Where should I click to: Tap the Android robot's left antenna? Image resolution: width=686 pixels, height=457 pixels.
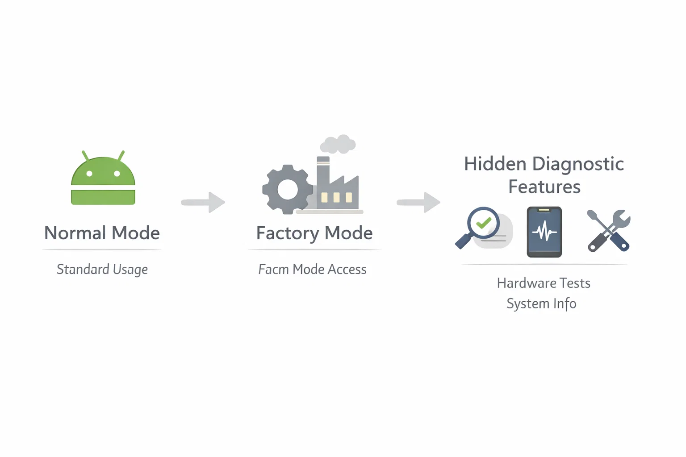pos(85,155)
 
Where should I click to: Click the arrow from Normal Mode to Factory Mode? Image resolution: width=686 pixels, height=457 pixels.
pos(203,202)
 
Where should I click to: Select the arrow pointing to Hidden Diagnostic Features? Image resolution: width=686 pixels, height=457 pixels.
pos(419,202)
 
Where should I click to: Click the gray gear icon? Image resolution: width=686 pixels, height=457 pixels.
pos(287,189)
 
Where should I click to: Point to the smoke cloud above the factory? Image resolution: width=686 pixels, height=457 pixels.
pos(338,144)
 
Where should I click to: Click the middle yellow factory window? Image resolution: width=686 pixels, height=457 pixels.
pos(336,197)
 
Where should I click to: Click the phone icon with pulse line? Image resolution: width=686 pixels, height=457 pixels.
pos(544,232)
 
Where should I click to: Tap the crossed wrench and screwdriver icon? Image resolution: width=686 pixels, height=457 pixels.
pos(609,231)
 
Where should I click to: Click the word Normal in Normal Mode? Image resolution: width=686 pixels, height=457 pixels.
pos(75,233)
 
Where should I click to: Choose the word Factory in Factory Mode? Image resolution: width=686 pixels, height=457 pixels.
pos(288,233)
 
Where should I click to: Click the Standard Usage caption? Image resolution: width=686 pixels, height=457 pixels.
pos(102,270)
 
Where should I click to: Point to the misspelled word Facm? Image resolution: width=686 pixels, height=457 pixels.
pos(273,270)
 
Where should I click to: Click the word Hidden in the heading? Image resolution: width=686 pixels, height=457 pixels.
pos(495,164)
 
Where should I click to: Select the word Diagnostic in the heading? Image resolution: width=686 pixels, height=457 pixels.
pos(578,164)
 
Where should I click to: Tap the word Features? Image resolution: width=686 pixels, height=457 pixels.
pos(544,187)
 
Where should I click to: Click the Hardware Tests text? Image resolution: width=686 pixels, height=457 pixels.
pos(544,283)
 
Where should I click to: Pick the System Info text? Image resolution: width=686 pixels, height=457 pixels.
pos(541,303)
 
